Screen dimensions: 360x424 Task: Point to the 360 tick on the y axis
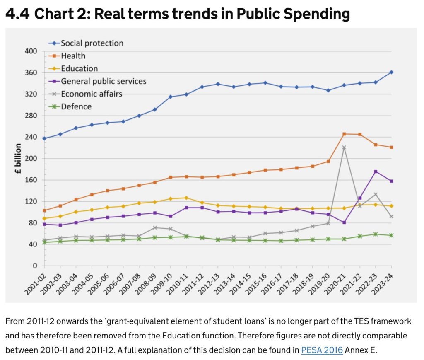[32, 73]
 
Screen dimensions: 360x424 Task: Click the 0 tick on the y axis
[36, 266]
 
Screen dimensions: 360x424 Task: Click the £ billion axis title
[19, 159]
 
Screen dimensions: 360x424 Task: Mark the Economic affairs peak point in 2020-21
[344, 147]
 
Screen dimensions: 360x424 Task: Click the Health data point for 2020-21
[344, 134]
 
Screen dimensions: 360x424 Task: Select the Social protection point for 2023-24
[391, 72]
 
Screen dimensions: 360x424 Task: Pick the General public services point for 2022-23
[376, 172]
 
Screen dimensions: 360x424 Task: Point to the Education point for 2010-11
[186, 198]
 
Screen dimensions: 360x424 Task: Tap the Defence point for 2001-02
[44, 242]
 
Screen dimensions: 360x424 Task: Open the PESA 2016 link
[322, 350]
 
